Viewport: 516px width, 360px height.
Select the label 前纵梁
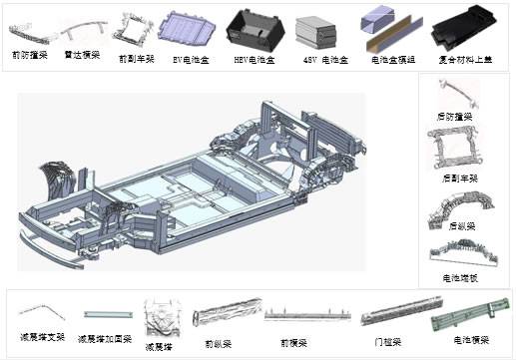coord(218,342)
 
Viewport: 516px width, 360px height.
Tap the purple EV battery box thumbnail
coord(189,28)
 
